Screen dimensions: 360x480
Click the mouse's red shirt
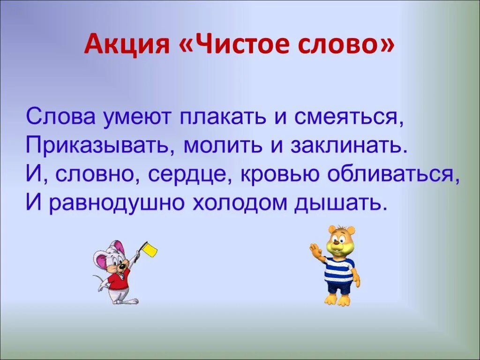pyautogui.click(x=117, y=281)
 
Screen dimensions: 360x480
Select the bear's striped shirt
pyautogui.click(x=339, y=270)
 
